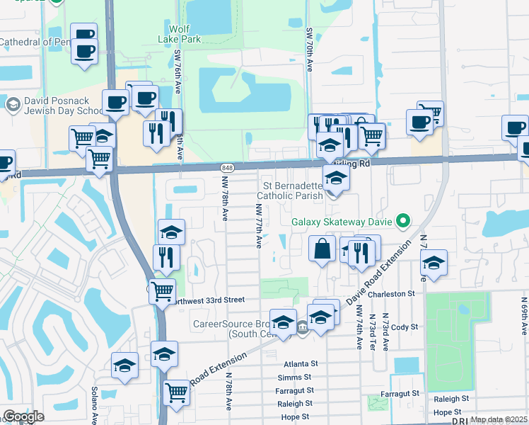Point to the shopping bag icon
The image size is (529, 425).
coord(322,249)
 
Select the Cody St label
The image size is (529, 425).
coord(405,327)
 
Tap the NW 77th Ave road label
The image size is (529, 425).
coord(259,227)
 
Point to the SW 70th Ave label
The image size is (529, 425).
coord(310,50)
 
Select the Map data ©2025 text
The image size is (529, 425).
coord(499,419)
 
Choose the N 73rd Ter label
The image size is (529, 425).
coord(385,331)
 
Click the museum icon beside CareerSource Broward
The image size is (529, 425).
coord(302,327)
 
